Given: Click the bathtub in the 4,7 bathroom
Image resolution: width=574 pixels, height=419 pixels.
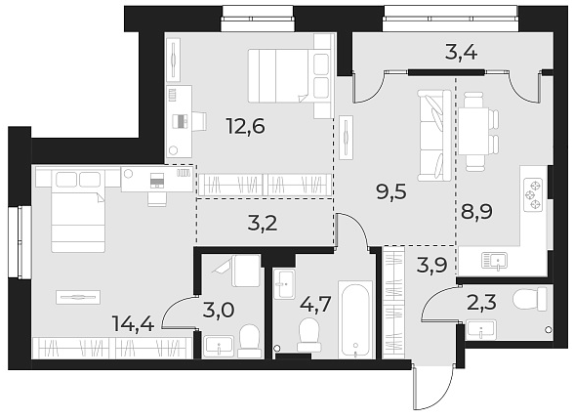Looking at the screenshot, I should click(x=356, y=319).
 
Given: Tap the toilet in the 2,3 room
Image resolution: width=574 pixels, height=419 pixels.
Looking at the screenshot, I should click(x=528, y=299).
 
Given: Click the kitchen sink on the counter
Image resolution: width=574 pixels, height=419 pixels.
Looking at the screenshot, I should click(x=496, y=261).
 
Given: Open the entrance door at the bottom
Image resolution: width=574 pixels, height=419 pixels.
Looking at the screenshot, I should click(x=431, y=388).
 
